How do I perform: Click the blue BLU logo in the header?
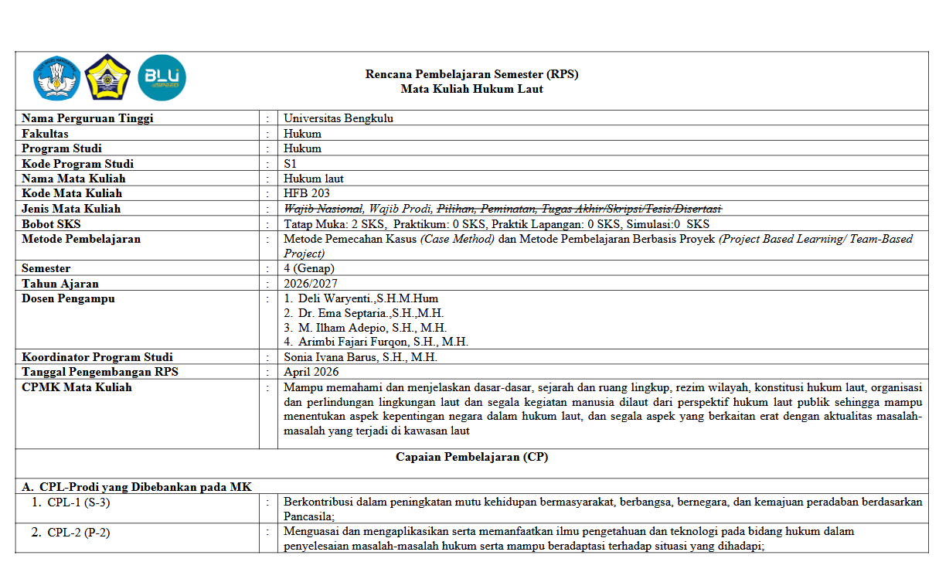coord(162,78)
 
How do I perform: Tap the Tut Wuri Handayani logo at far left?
coord(56,78)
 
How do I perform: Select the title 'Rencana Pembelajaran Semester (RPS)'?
coord(471,74)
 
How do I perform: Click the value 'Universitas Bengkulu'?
coord(332,118)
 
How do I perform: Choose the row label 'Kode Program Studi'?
coord(77,164)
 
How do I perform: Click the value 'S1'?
coord(291,164)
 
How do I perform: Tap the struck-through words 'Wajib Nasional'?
coord(323,209)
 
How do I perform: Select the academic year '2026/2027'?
coord(310,284)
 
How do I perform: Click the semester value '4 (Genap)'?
coord(309,268)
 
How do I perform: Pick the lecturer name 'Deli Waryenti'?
coord(332,298)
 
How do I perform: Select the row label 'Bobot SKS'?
coord(50,224)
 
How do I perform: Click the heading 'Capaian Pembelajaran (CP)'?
coord(471,457)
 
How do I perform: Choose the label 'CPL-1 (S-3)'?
coord(78,502)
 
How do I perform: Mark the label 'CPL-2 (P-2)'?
coord(79,532)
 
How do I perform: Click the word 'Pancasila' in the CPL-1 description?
coord(308,516)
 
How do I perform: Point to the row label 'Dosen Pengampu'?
coord(68,298)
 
